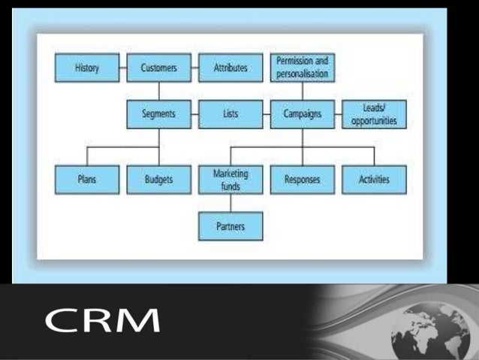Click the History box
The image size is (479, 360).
88,68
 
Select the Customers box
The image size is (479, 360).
159,68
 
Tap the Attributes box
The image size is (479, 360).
230,68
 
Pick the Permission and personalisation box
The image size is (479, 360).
302,68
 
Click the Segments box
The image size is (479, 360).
159,114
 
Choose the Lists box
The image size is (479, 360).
230,114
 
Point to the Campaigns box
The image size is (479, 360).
302,114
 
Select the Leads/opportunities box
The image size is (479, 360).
374,114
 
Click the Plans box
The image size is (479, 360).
88,180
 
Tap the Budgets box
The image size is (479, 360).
159,180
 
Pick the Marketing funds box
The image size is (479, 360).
230,180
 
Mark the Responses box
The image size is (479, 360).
302,180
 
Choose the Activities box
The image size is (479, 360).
374,180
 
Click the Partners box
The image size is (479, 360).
230,225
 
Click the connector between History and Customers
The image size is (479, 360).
123,68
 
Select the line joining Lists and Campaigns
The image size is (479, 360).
266,114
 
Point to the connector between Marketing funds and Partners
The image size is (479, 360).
230,202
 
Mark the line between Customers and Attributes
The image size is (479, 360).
194,68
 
